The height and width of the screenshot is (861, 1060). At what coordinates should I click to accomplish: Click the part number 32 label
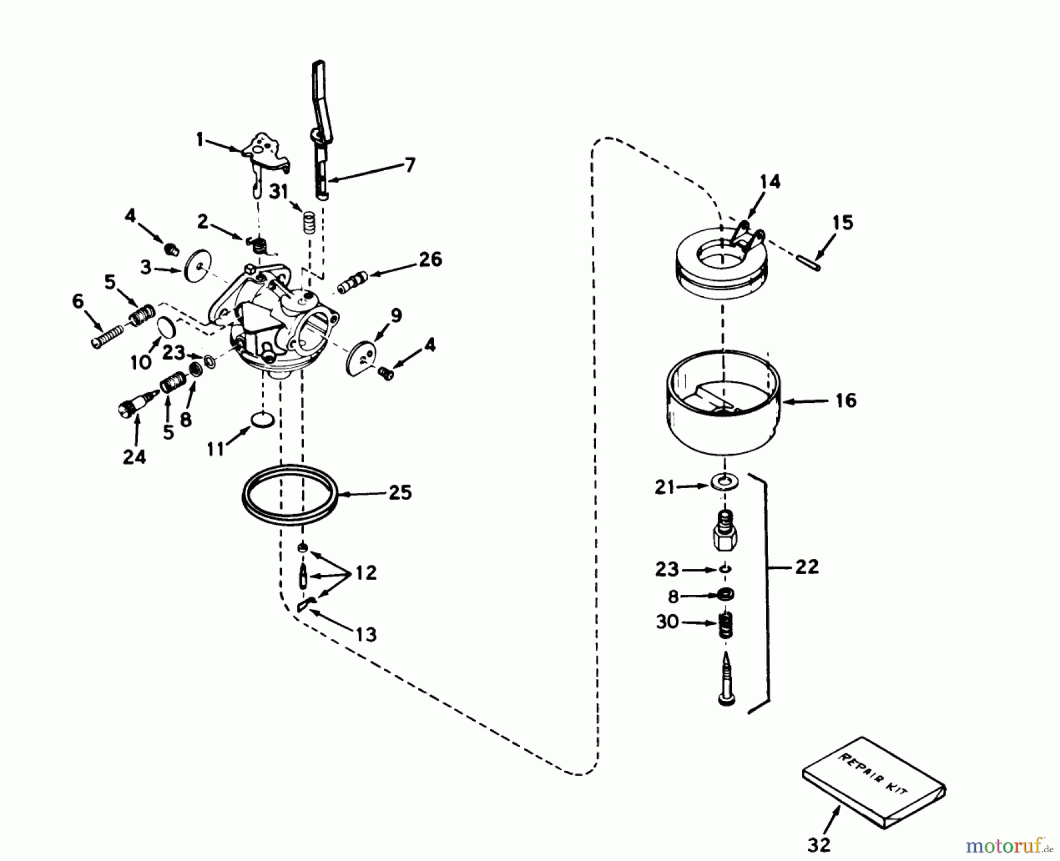819,845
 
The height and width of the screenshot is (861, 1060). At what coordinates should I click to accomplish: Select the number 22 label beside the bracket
806,567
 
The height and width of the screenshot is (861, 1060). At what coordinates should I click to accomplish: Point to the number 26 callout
432,259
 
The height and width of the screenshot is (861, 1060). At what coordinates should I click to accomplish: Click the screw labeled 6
108,338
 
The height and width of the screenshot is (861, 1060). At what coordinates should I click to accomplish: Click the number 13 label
366,634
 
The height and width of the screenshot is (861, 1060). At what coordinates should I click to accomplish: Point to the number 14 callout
770,182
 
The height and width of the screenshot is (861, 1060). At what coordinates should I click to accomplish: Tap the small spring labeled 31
307,223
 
